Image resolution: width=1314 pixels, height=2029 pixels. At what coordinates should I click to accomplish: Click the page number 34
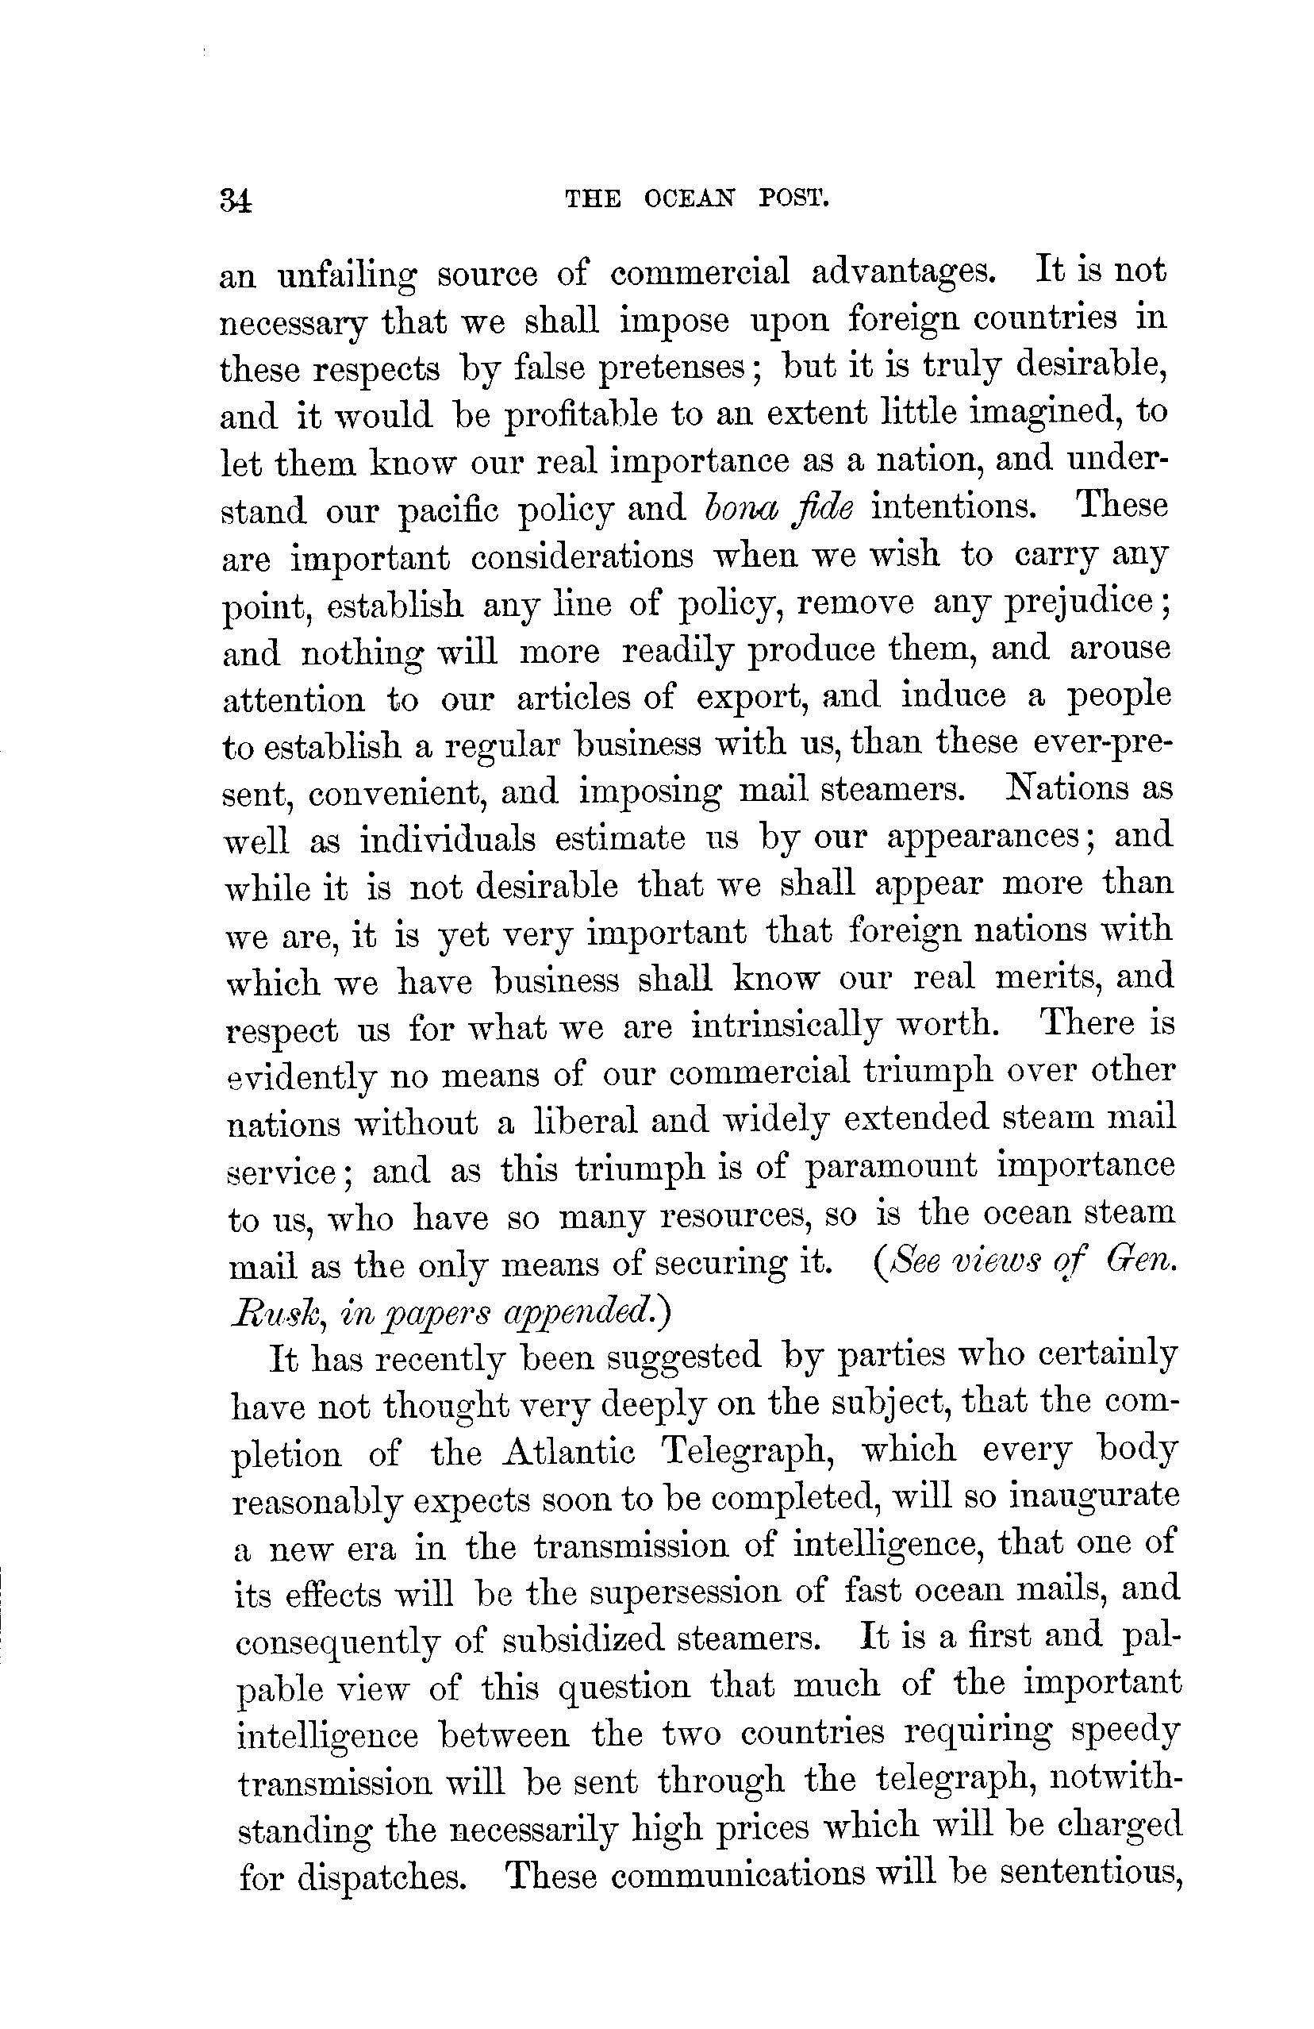coord(235,201)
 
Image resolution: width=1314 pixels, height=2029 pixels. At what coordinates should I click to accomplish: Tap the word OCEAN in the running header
coord(689,199)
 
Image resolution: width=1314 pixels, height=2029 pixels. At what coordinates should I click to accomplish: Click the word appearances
coord(983,837)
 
